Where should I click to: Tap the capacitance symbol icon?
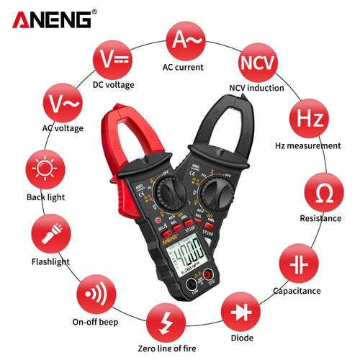coord(296,264)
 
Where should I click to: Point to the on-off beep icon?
coord(95,294)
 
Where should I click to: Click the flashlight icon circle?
coord(51,236)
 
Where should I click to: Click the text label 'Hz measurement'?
coord(308,145)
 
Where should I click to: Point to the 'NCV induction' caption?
coord(257,88)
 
